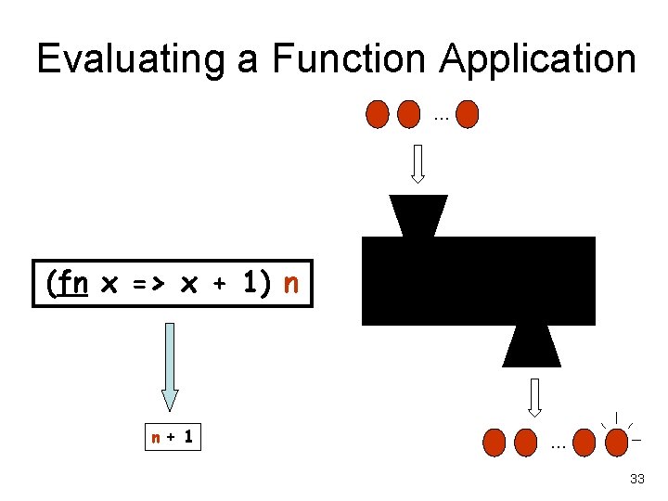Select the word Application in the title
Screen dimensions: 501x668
(538, 59)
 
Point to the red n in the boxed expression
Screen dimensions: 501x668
(290, 282)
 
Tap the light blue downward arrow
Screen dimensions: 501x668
(169, 366)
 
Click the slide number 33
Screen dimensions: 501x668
(636, 479)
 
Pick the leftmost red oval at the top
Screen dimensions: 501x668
(377, 114)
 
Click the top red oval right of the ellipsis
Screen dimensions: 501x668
(468, 114)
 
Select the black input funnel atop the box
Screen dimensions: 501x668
(418, 215)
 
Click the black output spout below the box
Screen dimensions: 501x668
(533, 346)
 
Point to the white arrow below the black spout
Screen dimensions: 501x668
(534, 396)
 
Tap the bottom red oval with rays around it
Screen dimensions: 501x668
(615, 443)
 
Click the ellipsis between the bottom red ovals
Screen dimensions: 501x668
(558, 446)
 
